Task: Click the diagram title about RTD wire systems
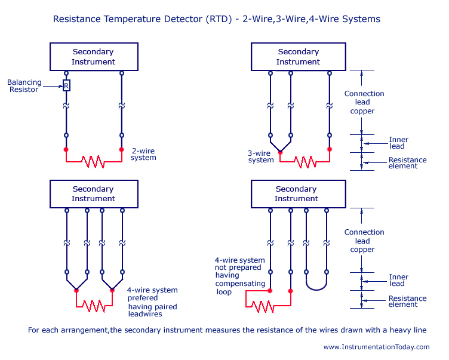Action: pos(216,19)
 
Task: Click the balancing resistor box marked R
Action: pos(66,85)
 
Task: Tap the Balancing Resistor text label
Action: pos(24,85)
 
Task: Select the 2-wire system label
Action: pos(143,154)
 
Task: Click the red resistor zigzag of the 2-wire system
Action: pos(93,161)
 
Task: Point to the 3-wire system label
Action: pos(261,156)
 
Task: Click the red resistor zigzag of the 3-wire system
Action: pos(305,161)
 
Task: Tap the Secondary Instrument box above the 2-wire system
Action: pos(93,57)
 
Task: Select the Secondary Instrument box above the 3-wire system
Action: pos(298,57)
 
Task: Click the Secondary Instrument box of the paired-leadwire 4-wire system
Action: pos(93,193)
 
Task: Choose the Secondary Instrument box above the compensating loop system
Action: pos(296,193)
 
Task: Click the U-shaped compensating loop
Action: pos(316,283)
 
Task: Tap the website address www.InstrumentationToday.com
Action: pos(376,347)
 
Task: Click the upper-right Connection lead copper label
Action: pos(364,102)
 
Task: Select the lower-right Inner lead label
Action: pos(398,280)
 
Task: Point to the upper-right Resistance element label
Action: pos(407,162)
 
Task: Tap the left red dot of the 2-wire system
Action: pos(66,149)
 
